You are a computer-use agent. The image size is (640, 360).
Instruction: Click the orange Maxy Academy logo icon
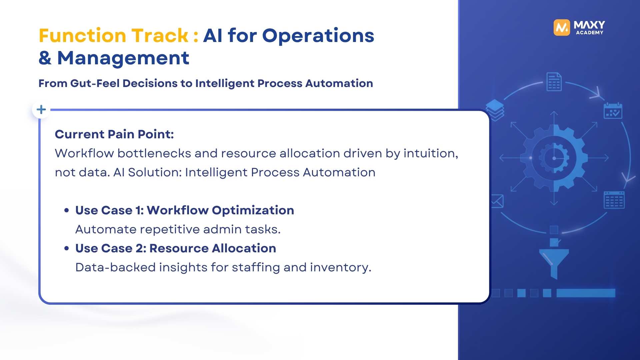pos(562,27)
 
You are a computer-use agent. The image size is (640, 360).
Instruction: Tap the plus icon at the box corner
pos(41,109)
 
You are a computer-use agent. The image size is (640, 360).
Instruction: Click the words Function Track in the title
pos(114,35)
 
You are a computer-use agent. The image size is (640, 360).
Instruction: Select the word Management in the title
pos(123,58)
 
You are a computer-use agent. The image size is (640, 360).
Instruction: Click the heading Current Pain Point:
pos(114,134)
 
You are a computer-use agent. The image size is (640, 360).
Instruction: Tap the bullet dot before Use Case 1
pos(67,210)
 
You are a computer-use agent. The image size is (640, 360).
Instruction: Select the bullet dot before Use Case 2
pos(67,248)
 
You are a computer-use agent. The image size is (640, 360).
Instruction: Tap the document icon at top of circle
pos(554,82)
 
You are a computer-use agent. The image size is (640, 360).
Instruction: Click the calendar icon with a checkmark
pos(613,111)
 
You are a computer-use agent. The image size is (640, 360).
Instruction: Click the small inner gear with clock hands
pos(554,158)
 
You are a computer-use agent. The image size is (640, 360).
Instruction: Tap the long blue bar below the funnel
pos(586,293)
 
